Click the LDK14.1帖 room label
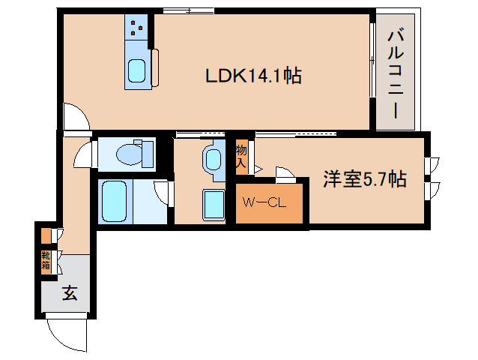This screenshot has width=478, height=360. click(x=253, y=76)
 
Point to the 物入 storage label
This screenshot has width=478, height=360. click(x=241, y=156)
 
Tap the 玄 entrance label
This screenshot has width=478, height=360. click(x=69, y=293)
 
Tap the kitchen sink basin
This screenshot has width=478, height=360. click(x=136, y=71)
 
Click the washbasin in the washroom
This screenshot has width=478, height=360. click(x=213, y=159)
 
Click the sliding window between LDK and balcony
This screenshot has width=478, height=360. click(x=372, y=67)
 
